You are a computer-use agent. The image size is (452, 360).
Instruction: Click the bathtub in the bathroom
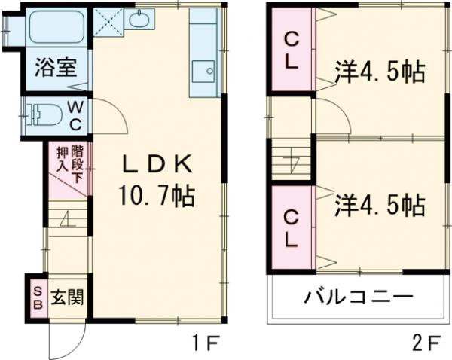[x=56, y=27]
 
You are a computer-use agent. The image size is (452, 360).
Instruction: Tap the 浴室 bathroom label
[x=56, y=68]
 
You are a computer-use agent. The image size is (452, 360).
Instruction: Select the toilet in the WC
[x=44, y=114]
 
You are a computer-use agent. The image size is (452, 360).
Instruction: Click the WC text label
[x=76, y=117]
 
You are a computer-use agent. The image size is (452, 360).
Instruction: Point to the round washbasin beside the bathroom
[x=139, y=20]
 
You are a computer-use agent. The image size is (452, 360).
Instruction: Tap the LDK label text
[x=157, y=164]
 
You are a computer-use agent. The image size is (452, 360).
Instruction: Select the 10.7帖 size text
[x=157, y=196]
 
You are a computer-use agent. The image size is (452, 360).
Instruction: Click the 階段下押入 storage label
[x=70, y=163]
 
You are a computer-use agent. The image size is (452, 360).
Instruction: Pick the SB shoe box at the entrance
[x=38, y=298]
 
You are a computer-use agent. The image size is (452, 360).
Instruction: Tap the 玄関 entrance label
[x=67, y=297]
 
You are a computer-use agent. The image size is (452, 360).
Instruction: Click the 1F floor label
[x=206, y=343]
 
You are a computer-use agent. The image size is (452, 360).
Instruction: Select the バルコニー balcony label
[x=359, y=297]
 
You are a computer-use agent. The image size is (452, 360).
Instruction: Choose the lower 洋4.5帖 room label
[x=380, y=205]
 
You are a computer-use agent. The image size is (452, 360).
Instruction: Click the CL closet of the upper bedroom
[x=292, y=50]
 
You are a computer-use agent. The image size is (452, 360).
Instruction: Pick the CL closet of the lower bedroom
[x=292, y=228]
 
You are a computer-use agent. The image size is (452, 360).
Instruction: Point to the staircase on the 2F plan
[x=291, y=160]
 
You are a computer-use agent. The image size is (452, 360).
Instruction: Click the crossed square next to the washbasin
[x=108, y=21]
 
